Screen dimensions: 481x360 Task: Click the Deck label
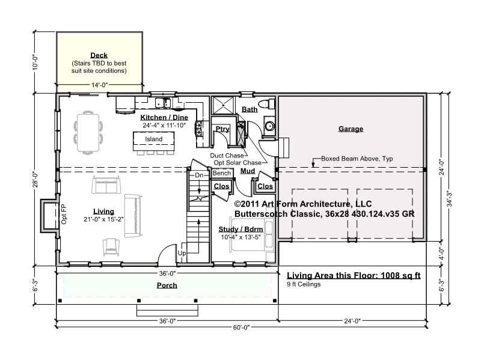click(x=99, y=55)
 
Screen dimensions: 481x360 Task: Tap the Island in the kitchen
click(x=154, y=141)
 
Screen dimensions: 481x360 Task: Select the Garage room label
click(x=351, y=129)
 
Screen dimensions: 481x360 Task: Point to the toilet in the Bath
click(x=267, y=103)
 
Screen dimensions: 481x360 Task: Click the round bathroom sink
click(x=269, y=126)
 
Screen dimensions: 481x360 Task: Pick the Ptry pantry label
click(x=222, y=129)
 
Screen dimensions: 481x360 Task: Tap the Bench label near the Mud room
click(x=221, y=173)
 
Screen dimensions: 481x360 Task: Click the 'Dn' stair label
click(x=199, y=175)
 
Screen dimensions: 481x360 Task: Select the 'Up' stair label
click(x=182, y=253)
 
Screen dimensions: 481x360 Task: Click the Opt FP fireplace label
click(x=64, y=214)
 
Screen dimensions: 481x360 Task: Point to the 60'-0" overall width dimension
click(x=241, y=328)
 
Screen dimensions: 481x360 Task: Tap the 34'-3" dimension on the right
click(x=449, y=199)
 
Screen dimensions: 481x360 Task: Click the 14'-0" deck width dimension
click(x=100, y=85)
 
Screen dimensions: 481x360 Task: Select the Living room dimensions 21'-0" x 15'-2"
click(x=103, y=219)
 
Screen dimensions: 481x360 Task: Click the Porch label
click(x=167, y=285)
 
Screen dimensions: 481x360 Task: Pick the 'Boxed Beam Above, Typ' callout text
click(x=357, y=159)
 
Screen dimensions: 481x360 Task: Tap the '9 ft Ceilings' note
click(x=304, y=284)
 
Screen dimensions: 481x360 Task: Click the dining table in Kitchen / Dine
click(x=88, y=133)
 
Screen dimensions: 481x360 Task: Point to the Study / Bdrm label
click(x=240, y=230)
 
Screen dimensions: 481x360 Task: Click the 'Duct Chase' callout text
click(x=227, y=156)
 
